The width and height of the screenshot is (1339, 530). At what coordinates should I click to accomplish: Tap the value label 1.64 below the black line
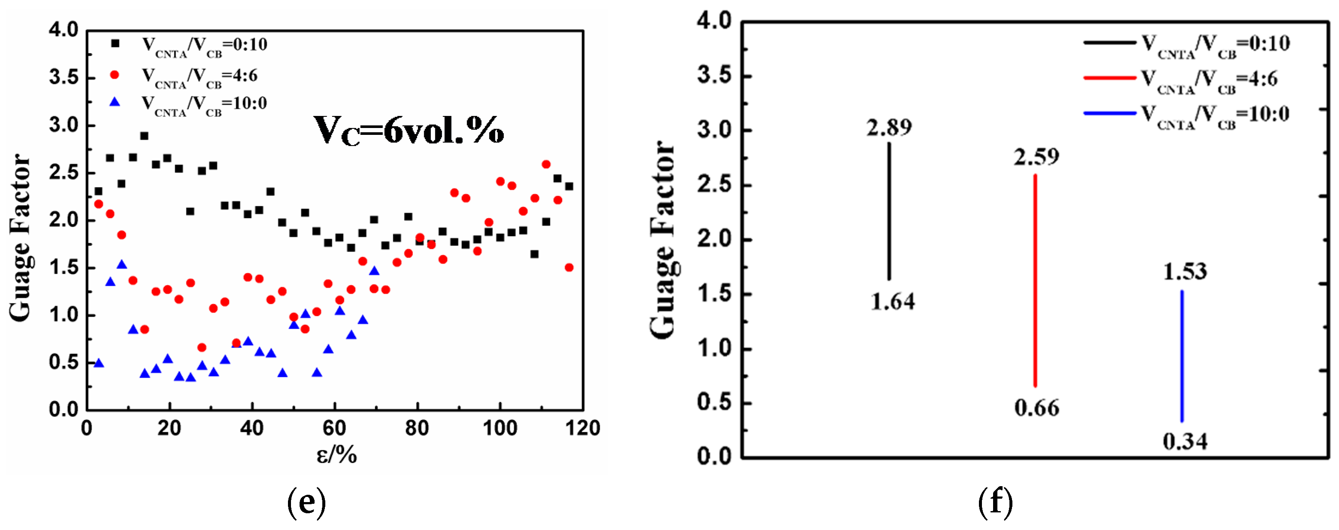893,302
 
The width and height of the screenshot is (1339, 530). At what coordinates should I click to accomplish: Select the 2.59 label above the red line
1036,157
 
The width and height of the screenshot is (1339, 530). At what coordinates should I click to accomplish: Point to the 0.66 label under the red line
1036,408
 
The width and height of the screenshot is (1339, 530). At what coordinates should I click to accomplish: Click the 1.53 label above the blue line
1184,271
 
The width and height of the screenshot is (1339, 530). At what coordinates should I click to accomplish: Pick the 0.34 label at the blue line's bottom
1184,442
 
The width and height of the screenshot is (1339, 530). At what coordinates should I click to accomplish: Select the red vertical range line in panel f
1036,281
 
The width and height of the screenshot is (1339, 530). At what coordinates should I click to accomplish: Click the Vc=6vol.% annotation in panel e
409,130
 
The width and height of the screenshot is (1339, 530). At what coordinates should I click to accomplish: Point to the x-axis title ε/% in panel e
337,454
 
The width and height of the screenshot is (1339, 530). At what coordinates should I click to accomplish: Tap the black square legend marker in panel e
115,44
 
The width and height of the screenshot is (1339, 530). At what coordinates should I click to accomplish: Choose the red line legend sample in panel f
1109,78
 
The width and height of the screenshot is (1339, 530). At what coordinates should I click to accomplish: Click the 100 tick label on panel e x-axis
500,428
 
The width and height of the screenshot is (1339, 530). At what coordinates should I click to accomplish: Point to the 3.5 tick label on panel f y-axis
714,76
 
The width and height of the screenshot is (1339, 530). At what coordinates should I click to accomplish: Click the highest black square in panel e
145,136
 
